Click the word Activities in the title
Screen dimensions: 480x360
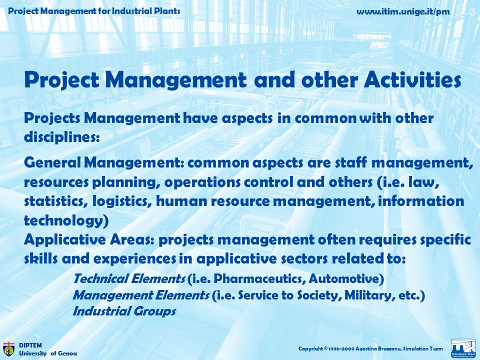(x=412, y=80)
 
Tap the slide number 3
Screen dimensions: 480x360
(x=472, y=12)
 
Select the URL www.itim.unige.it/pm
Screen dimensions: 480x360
(x=403, y=12)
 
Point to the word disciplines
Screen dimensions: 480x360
(x=62, y=137)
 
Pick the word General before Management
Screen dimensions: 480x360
(x=52, y=162)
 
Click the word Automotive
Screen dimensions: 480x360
(x=344, y=279)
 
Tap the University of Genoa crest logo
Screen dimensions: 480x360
(x=8, y=349)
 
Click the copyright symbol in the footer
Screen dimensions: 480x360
(x=326, y=348)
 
